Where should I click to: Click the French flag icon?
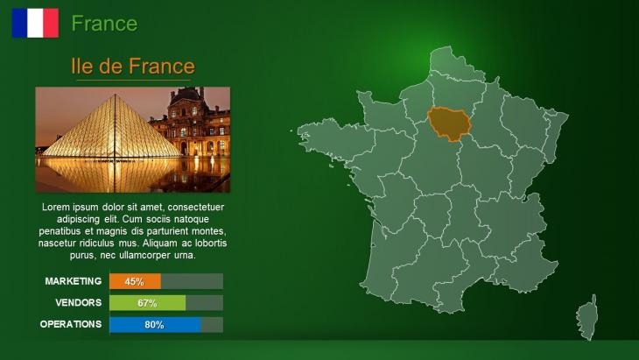click(35, 24)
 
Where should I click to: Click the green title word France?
click(104, 24)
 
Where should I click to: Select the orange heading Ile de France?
click(133, 66)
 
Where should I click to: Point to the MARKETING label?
click(74, 281)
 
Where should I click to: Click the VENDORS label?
click(79, 302)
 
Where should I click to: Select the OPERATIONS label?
click(71, 324)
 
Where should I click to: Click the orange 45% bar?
click(136, 281)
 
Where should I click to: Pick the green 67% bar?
click(148, 303)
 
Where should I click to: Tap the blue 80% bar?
click(155, 325)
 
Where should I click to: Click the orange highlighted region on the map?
click(449, 124)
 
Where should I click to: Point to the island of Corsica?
click(587, 318)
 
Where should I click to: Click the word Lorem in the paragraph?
click(56, 207)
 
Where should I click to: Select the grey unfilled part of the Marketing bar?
click(192, 281)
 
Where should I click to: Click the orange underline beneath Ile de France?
click(133, 80)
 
